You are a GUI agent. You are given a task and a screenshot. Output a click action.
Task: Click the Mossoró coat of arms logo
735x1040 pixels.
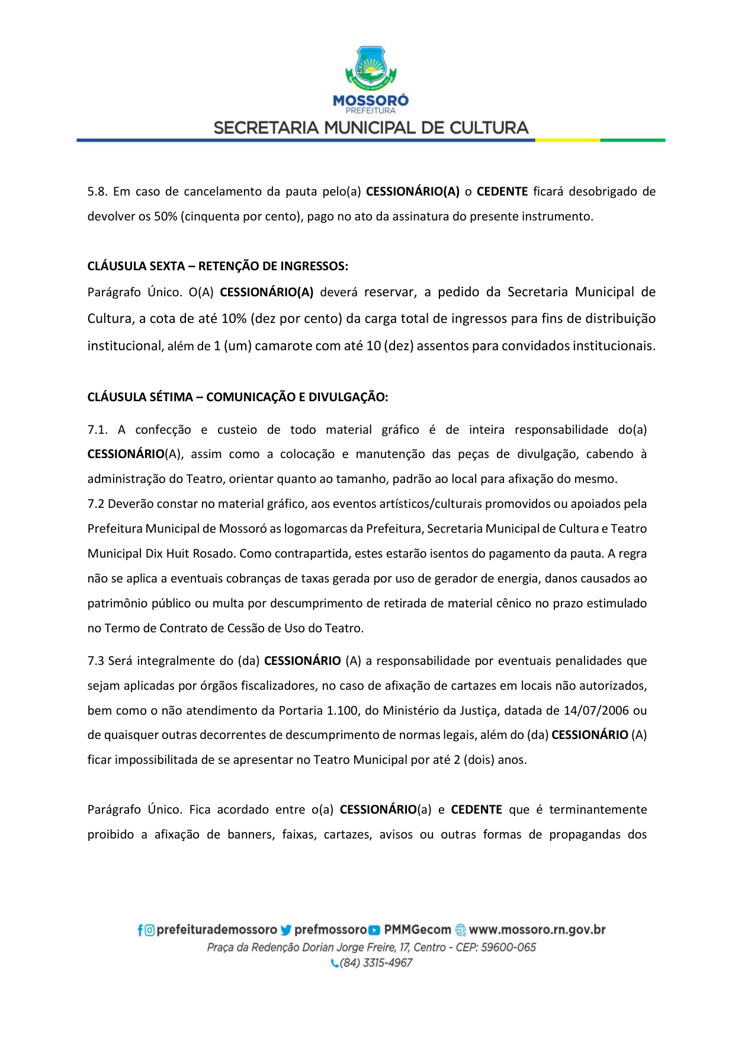click(x=371, y=69)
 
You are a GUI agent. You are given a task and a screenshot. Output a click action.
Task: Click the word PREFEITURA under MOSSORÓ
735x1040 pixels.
click(x=370, y=111)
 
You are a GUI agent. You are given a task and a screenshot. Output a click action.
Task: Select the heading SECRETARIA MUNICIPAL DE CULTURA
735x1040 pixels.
click(x=371, y=128)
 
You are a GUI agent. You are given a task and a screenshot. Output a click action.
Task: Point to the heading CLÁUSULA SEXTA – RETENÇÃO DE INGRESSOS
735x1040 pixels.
click(x=217, y=266)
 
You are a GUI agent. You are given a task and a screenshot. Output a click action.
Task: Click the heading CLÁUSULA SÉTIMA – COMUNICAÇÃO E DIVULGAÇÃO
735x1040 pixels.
click(x=237, y=397)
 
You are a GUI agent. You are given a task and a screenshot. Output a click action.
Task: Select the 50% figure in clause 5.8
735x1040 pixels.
click(x=166, y=216)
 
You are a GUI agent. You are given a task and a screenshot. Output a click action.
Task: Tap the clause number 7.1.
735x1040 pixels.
click(x=97, y=430)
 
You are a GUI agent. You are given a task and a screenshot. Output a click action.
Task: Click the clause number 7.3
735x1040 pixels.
click(x=96, y=661)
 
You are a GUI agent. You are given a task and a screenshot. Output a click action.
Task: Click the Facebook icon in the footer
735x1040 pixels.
click(x=140, y=930)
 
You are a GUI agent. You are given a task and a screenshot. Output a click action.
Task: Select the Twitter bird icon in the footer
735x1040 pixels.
click(x=286, y=930)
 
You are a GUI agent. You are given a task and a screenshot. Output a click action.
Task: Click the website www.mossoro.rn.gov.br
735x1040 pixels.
click(x=537, y=930)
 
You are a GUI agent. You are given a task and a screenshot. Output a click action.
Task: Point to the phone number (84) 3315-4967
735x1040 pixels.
click(x=375, y=963)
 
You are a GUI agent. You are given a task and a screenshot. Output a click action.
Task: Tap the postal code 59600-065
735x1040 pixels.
click(x=508, y=948)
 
